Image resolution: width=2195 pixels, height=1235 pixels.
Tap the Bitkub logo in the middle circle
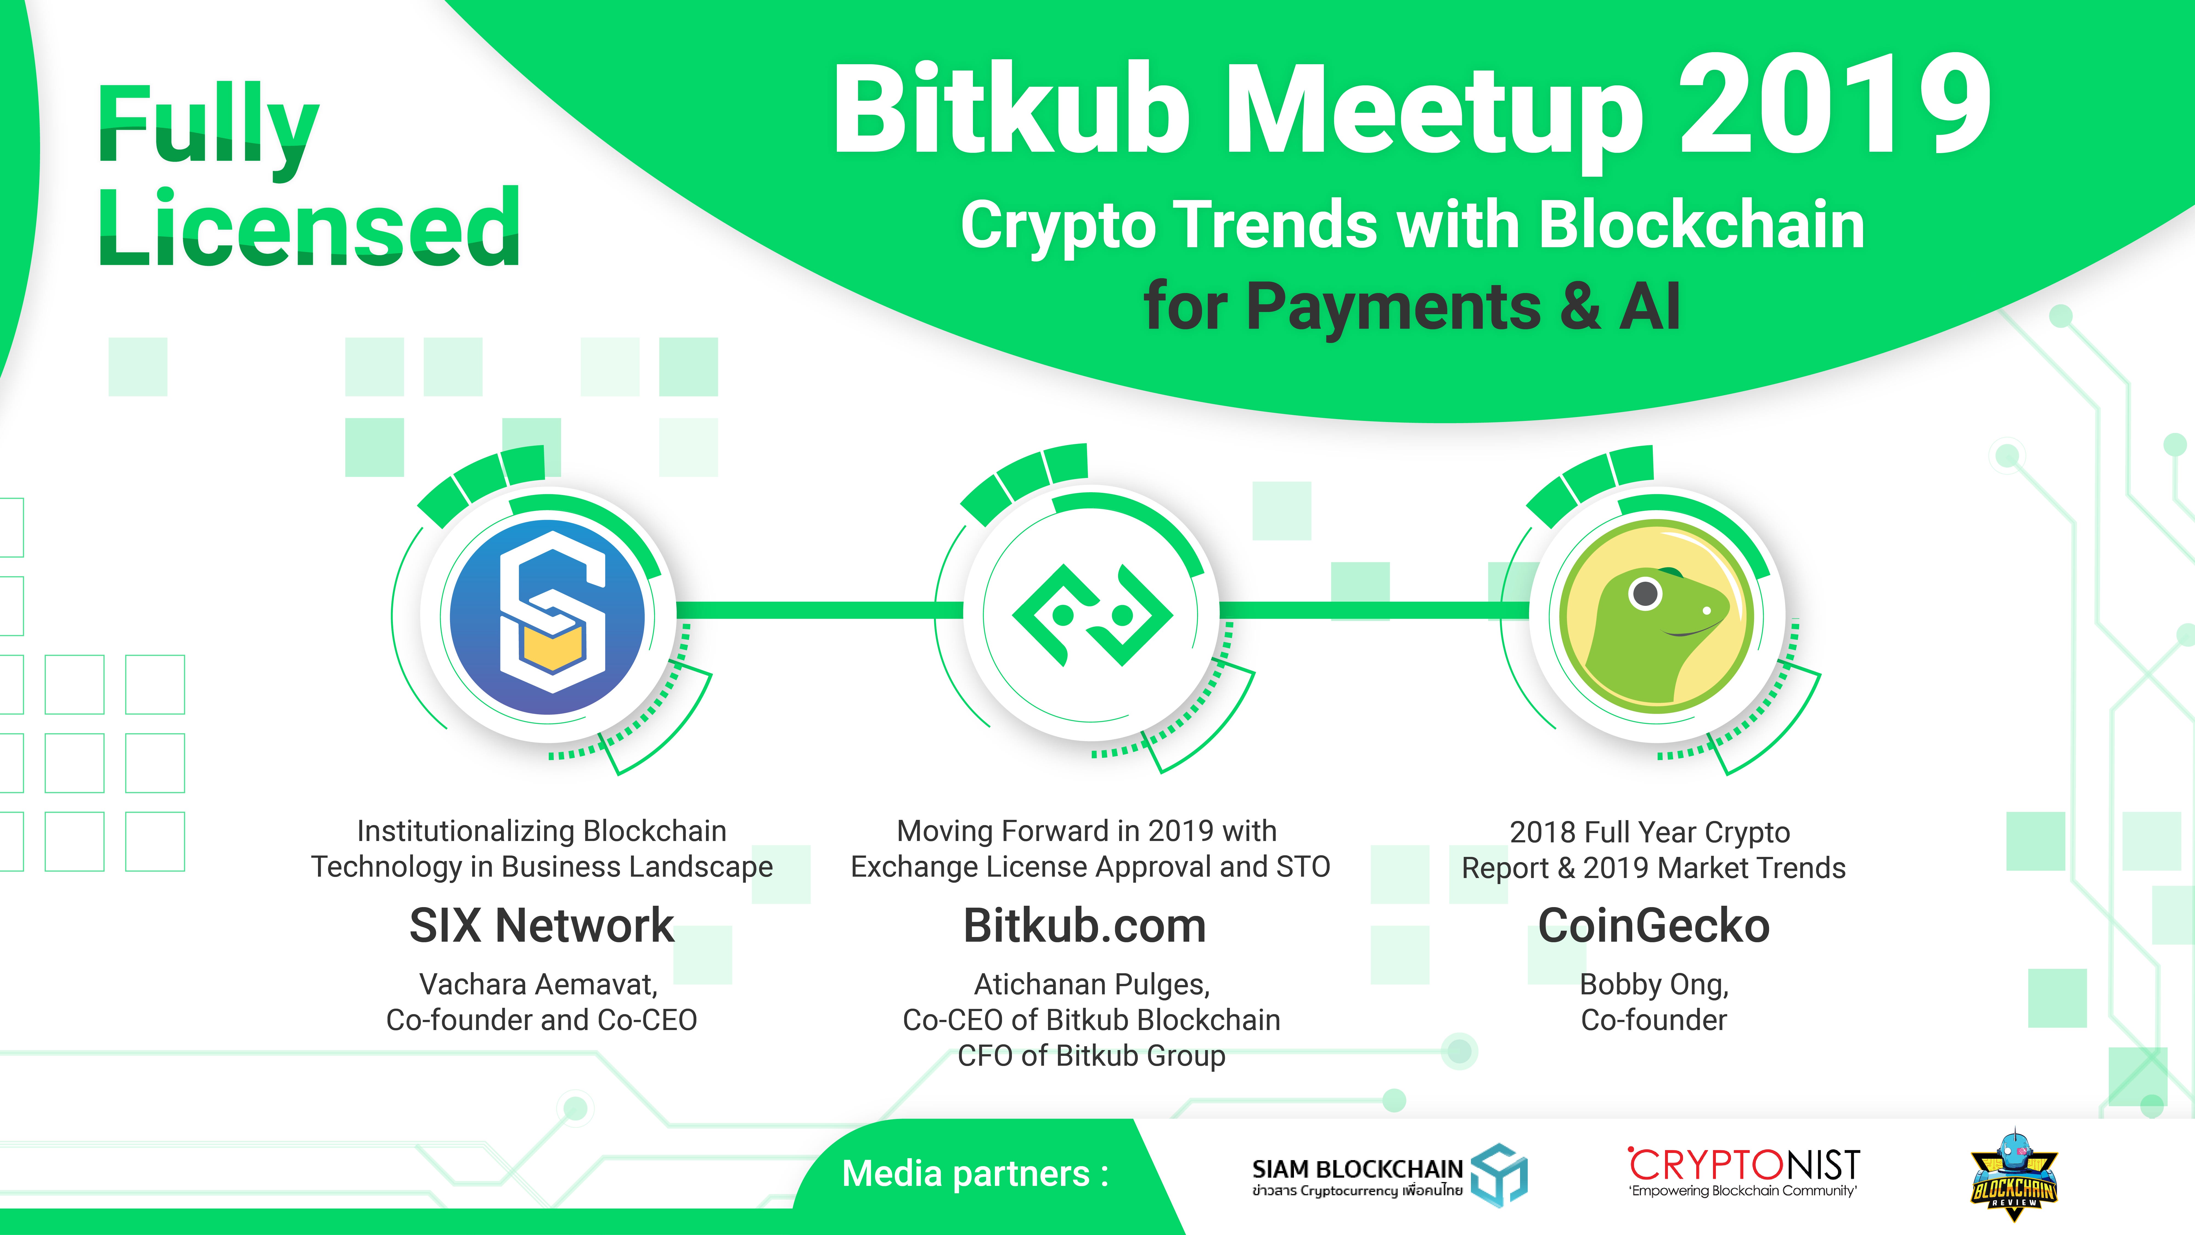click(x=1092, y=614)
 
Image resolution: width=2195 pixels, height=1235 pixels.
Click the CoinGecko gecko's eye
click(x=1645, y=593)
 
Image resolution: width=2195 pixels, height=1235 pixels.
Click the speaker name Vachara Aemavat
click(x=539, y=984)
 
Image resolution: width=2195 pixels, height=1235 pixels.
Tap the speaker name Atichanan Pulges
click(x=1091, y=984)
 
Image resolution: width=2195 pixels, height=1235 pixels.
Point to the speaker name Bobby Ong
click(x=1654, y=984)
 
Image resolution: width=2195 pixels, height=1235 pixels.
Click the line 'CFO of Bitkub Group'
click(x=1091, y=1056)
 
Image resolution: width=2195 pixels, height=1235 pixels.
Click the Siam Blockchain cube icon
click(x=1500, y=1174)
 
